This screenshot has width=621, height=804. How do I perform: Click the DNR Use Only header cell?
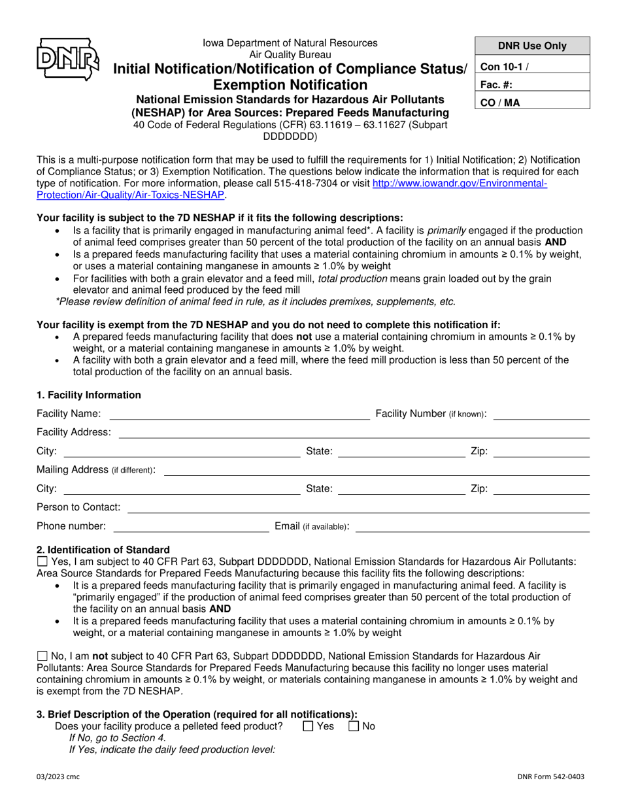pyautogui.click(x=532, y=46)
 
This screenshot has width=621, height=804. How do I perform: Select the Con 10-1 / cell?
pyautogui.click(x=532, y=65)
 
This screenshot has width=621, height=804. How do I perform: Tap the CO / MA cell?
pyautogui.click(x=532, y=102)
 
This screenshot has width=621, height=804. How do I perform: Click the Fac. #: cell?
pyautogui.click(x=532, y=84)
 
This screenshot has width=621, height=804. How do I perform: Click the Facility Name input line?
pyautogui.click(x=239, y=414)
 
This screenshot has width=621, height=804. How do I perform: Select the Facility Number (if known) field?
pyautogui.click(x=541, y=414)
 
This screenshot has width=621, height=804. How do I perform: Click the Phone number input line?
pyautogui.click(x=191, y=526)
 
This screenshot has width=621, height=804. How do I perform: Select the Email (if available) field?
pyautogui.click(x=472, y=526)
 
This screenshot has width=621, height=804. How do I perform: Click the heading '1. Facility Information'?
pyautogui.click(x=89, y=395)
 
